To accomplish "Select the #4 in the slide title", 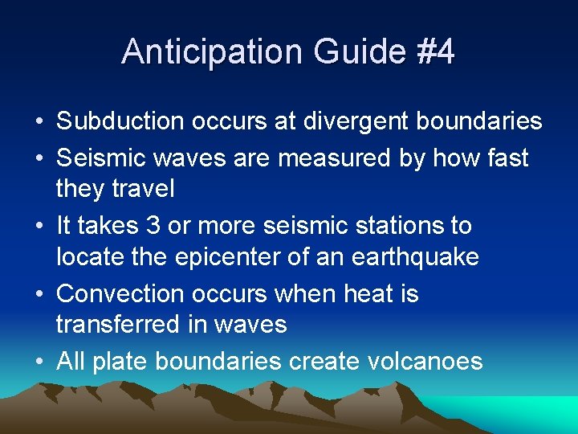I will [434, 52].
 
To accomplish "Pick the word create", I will [308, 362].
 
